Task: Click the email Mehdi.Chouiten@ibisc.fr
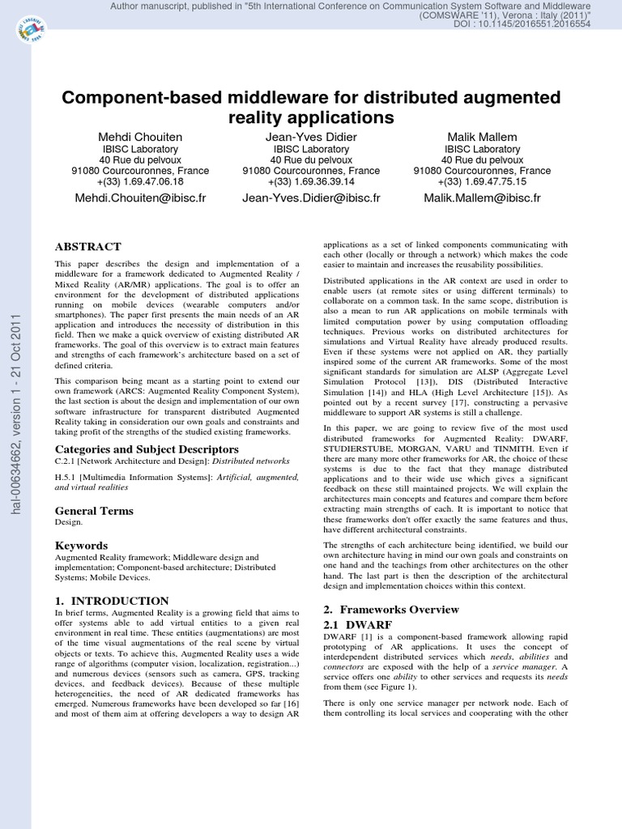140,198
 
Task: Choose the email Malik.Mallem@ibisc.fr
482,198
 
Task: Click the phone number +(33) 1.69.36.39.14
311,182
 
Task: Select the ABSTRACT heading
87,247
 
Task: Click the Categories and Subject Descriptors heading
147,449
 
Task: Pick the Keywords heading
81,546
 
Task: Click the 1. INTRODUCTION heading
112,601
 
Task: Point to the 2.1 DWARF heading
357,625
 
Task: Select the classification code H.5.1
66,478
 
